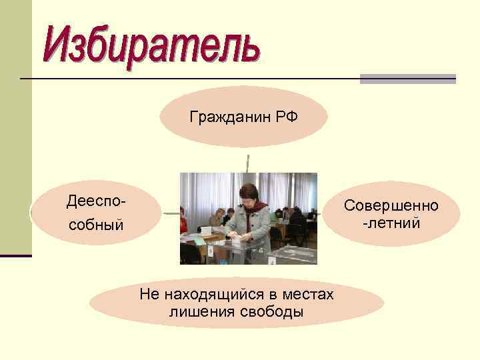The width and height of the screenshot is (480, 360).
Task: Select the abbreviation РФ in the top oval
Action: (286, 117)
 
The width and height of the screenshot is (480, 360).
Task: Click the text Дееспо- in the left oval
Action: (96, 200)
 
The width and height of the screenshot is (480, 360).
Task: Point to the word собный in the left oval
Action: (96, 225)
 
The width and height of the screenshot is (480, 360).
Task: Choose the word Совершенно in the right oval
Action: (391, 205)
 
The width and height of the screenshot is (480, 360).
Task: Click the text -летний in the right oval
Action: (391, 222)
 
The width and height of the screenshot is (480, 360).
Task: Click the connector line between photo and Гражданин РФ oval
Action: (248, 163)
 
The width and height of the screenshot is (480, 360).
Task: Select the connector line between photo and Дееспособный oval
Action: (171, 214)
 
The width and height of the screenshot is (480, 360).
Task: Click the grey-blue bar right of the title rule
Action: (407, 79)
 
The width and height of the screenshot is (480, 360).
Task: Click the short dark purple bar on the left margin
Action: (16, 255)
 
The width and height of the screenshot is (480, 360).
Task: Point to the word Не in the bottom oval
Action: (147, 294)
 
